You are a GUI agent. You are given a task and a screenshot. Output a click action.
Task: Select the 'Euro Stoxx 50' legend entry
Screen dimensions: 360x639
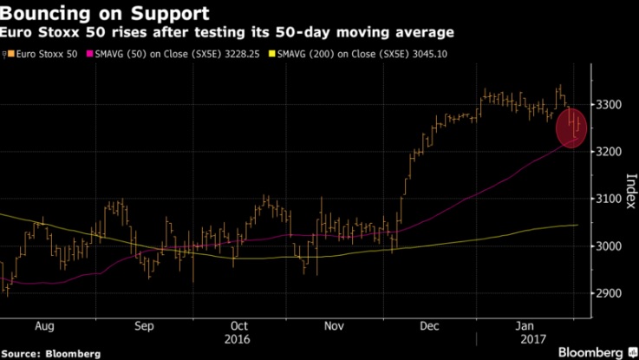coord(42,55)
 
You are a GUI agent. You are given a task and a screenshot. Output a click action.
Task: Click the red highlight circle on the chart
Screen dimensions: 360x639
coord(571,128)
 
